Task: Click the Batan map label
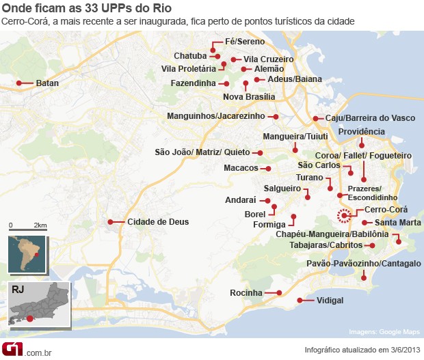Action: tap(47, 83)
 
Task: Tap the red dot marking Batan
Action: tap(18, 83)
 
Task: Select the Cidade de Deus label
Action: tap(158, 221)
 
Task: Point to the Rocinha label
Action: tap(246, 293)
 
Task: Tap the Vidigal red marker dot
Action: tap(299, 301)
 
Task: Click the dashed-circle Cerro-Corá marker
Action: tap(345, 216)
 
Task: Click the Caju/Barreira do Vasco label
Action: tap(369, 118)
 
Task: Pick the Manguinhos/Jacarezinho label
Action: tap(215, 116)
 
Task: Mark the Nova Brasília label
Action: tap(249, 96)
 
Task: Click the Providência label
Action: tap(362, 131)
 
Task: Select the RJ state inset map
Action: tap(38, 303)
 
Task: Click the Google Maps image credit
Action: tap(384, 332)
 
